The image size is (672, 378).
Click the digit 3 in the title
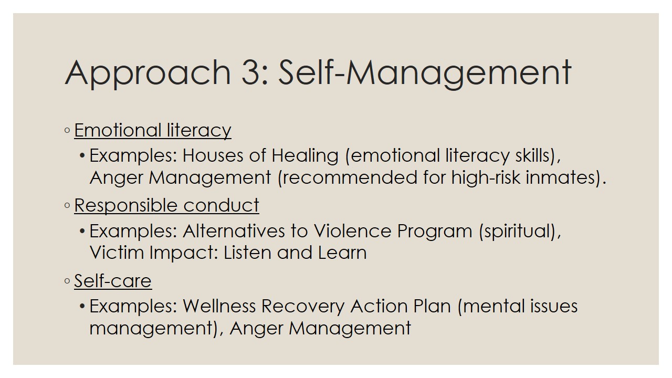click(x=251, y=72)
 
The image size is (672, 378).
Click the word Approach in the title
click(x=148, y=74)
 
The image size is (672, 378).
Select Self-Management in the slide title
click(x=425, y=74)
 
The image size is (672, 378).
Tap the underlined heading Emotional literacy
click(x=153, y=131)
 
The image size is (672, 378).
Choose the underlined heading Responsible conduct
click(x=166, y=205)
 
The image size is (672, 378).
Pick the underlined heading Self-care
click(x=113, y=281)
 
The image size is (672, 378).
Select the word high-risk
click(x=486, y=177)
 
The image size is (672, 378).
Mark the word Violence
click(x=352, y=231)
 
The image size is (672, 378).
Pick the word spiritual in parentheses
click(x=516, y=232)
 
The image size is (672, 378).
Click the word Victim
click(x=117, y=253)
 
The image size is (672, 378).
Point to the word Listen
click(x=247, y=253)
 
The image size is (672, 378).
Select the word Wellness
click(x=219, y=306)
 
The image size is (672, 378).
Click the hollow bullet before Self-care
click(x=67, y=281)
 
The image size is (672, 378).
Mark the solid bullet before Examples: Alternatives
click(x=82, y=232)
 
